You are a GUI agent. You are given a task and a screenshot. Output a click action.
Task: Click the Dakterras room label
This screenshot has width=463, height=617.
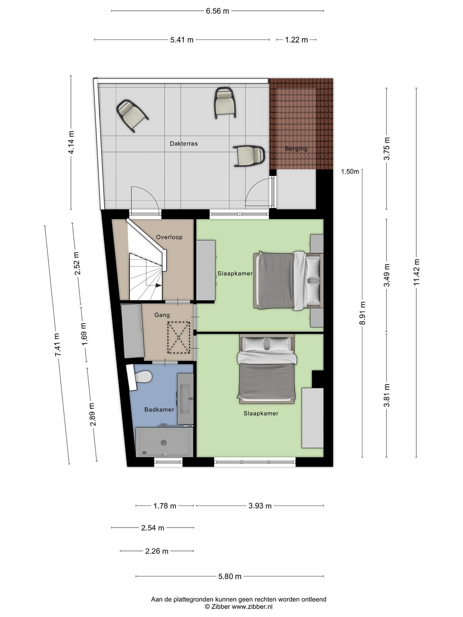tap(184, 143)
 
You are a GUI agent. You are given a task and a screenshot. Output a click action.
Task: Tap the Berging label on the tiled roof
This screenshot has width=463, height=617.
tap(296, 148)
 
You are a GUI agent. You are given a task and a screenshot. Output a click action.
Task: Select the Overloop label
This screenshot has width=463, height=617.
tap(169, 237)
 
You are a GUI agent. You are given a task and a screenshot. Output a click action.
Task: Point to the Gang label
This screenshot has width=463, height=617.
tap(162, 315)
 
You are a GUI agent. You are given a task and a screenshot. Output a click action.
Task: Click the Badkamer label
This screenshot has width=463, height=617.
tap(159, 410)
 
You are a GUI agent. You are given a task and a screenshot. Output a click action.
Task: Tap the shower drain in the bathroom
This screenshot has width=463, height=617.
tap(164, 442)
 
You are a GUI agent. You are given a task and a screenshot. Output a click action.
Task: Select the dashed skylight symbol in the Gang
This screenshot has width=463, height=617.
tap(179, 337)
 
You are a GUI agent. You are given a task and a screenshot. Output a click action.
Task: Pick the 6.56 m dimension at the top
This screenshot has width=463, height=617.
tap(217, 11)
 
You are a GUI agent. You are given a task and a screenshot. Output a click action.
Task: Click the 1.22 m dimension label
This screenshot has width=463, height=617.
tap(296, 40)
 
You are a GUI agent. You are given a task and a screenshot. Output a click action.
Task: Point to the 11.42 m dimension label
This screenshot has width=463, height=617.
tap(416, 272)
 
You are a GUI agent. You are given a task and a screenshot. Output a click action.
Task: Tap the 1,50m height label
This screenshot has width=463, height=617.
tap(350, 172)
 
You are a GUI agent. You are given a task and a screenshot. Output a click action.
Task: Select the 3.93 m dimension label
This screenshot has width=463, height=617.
tap(260, 506)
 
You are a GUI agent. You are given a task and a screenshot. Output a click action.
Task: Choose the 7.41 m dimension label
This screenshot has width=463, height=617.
tap(57, 345)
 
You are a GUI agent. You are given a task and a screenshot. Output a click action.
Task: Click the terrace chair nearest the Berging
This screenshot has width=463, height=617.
tap(249, 156)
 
